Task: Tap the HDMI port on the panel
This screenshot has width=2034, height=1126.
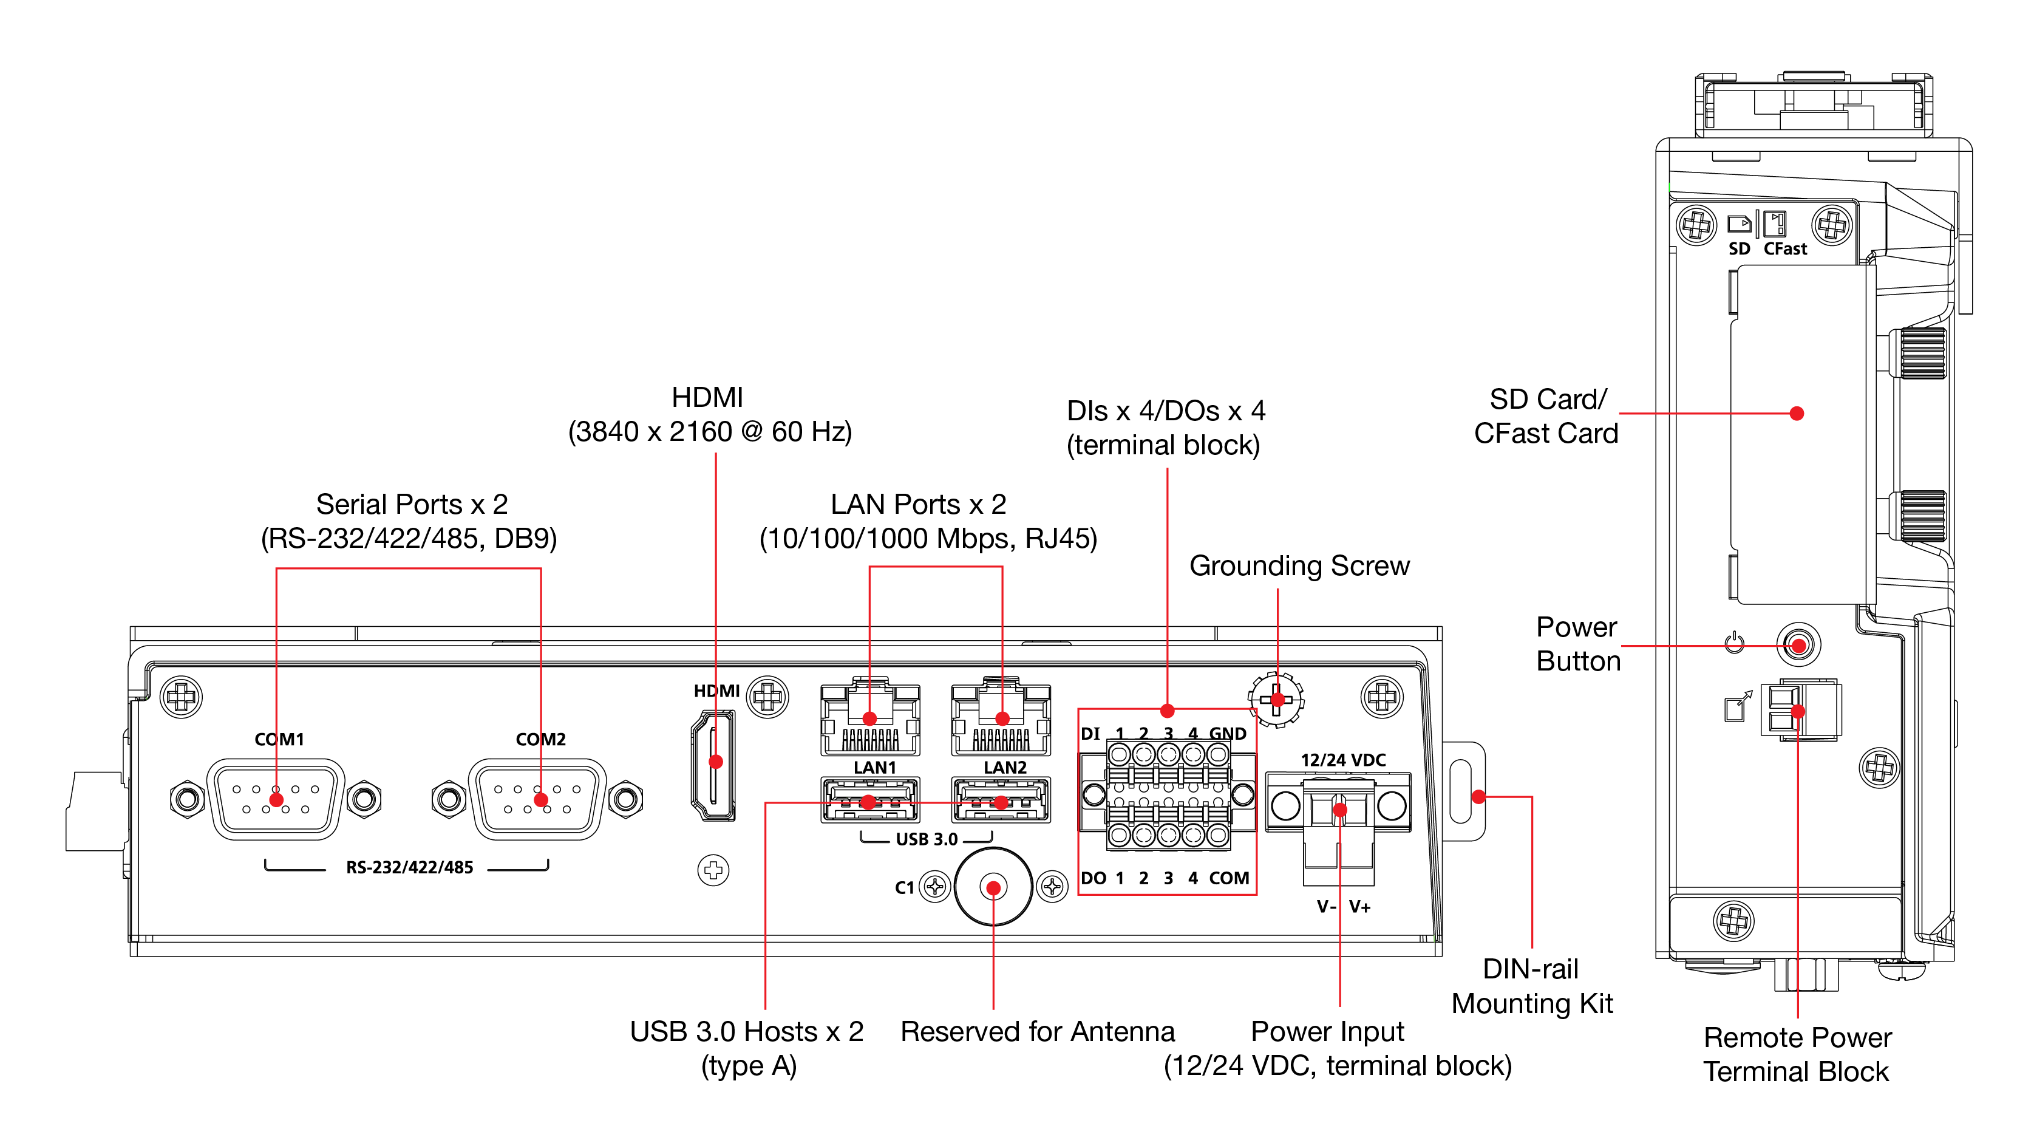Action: click(714, 765)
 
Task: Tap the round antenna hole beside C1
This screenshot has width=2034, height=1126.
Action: click(993, 887)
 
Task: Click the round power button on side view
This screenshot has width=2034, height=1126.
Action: click(1798, 645)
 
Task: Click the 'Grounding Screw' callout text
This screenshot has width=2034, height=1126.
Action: click(1299, 565)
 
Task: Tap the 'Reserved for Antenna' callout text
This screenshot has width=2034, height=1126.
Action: click(1037, 1031)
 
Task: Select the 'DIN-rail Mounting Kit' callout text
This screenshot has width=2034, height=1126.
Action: click(1531, 986)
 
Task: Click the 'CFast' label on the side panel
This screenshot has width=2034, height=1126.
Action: click(1784, 249)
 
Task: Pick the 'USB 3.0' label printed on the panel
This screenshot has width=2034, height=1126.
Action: click(926, 839)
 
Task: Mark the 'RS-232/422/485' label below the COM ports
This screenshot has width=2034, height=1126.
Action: click(409, 867)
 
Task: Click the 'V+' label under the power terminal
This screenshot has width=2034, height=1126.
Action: click(1359, 907)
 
